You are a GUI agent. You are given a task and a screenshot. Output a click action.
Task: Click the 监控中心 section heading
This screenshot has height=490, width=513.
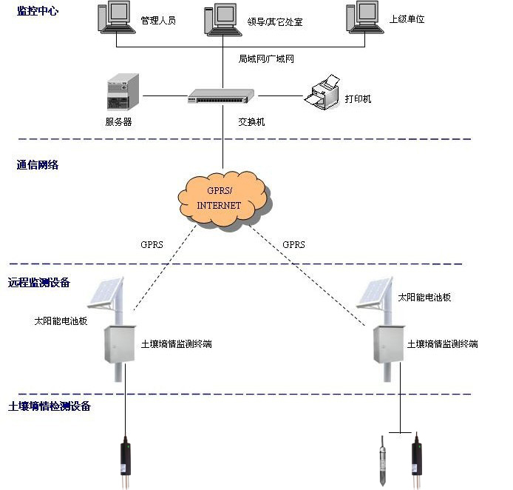point(38,11)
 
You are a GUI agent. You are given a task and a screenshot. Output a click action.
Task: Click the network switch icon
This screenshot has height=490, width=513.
point(221,95)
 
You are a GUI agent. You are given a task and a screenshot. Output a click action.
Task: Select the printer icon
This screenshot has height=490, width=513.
point(322,94)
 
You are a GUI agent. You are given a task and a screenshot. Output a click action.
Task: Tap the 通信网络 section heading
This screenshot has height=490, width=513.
point(38,165)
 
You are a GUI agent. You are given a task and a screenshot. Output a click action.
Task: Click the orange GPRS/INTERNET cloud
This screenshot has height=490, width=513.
point(222,198)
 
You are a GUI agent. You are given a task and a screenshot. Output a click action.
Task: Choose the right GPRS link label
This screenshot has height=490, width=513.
point(293,244)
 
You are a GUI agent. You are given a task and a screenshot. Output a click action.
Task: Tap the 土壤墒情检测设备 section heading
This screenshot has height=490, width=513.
point(49,406)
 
